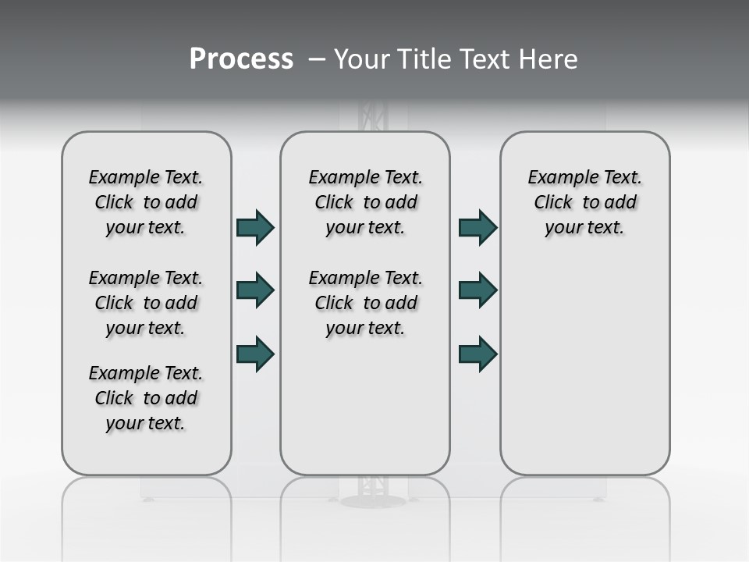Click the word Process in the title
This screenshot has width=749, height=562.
pos(241,59)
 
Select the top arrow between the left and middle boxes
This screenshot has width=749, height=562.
pos(255,228)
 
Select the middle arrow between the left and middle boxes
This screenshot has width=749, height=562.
pos(255,290)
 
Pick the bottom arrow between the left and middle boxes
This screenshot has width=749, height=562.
pos(255,354)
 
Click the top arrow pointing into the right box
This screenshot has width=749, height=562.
pos(477,228)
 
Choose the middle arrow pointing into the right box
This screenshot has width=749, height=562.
pos(477,290)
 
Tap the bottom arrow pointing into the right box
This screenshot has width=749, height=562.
pos(477,354)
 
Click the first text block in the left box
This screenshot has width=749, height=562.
pos(146,202)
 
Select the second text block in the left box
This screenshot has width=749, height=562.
pos(146,303)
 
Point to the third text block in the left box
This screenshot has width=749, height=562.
pos(146,398)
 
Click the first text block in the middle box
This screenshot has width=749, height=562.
pos(365,202)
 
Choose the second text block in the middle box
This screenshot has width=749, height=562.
pos(365,303)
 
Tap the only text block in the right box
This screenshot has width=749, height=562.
pos(584,202)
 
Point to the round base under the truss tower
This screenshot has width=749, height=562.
pos(372,500)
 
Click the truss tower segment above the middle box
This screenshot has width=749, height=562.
pos(372,116)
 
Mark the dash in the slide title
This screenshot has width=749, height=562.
pos(317,59)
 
